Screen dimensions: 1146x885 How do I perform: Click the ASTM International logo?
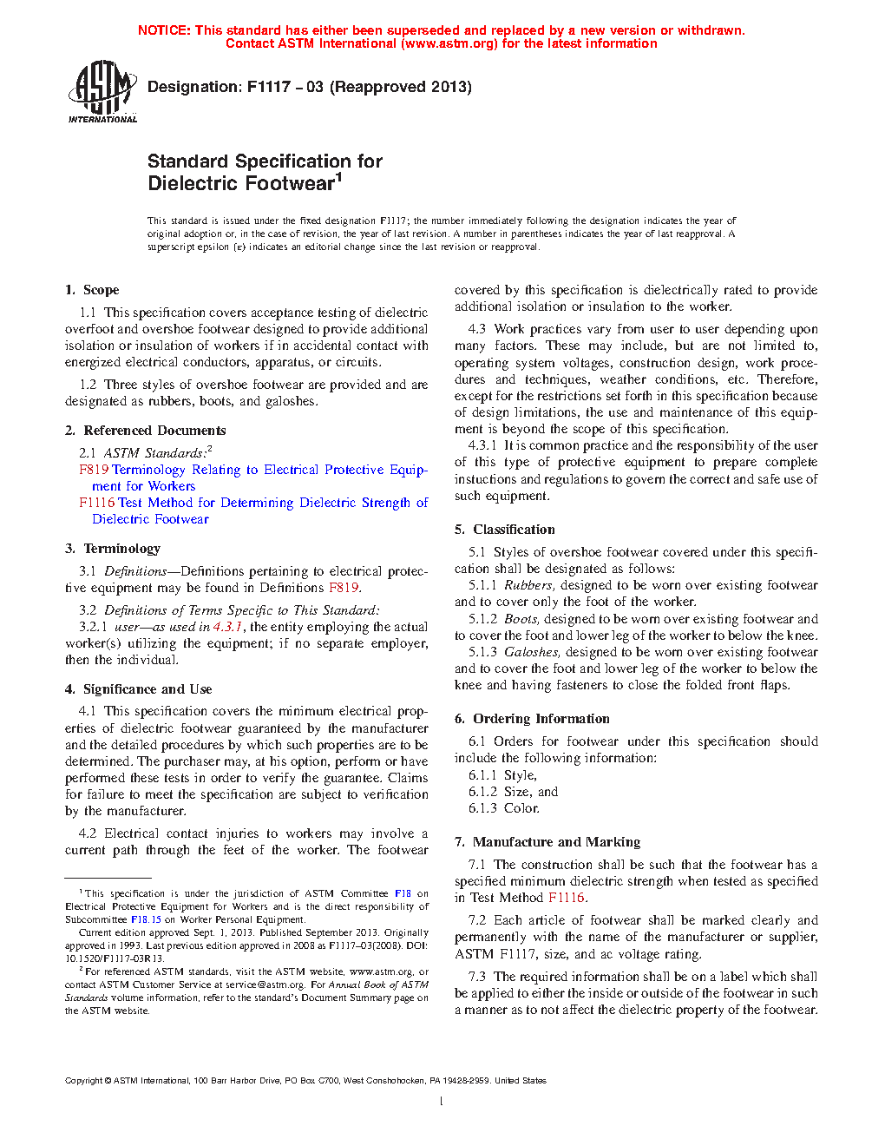pyautogui.click(x=102, y=91)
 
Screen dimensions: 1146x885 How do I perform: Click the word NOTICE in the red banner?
pyautogui.click(x=163, y=30)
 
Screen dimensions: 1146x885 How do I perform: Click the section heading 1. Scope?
pyautogui.click(x=92, y=290)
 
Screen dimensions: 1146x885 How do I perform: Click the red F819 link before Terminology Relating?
pyautogui.click(x=94, y=470)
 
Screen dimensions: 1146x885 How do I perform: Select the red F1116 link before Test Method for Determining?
pyautogui.click(x=96, y=503)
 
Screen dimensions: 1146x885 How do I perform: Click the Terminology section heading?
pyautogui.click(x=113, y=549)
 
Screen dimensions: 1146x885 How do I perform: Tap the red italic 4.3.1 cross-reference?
pyautogui.click(x=227, y=627)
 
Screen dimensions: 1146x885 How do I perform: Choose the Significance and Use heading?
pyautogui.click(x=139, y=689)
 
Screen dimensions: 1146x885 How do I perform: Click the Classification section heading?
pyautogui.click(x=505, y=530)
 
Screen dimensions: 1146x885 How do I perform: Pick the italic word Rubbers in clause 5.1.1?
pyautogui.click(x=528, y=586)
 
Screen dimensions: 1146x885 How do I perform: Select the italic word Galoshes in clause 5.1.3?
pyautogui.click(x=532, y=652)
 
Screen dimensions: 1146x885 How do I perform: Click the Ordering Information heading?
pyautogui.click(x=532, y=719)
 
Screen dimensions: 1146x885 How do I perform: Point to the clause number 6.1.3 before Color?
pyautogui.click(x=482, y=808)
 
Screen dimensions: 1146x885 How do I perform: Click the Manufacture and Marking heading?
pyautogui.click(x=547, y=842)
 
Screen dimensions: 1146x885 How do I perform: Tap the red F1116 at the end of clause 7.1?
pyautogui.click(x=567, y=898)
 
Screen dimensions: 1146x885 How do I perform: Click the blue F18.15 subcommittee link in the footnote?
pyautogui.click(x=146, y=919)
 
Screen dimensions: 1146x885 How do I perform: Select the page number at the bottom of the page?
pyautogui.click(x=442, y=1102)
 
